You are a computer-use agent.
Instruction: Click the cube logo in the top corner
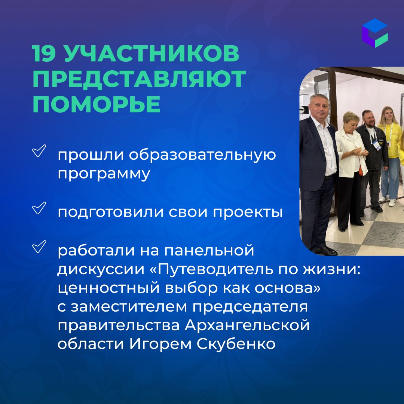point(374,33)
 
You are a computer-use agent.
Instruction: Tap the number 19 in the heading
point(43,53)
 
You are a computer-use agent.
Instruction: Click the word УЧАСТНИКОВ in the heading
point(151,53)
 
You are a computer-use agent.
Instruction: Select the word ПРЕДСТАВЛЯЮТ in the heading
point(140,79)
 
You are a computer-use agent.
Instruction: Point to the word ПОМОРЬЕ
point(97,104)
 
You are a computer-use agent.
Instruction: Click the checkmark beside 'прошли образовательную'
point(39,151)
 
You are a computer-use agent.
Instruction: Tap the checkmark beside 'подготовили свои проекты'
point(39,208)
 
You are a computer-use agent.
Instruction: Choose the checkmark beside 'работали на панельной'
point(39,246)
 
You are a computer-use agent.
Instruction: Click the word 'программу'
point(104,174)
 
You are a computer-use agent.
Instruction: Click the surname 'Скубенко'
point(236,344)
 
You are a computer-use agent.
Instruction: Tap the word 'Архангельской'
point(247,325)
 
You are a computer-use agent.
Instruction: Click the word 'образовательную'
point(202,154)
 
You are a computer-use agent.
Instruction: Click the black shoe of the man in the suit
point(325,250)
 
